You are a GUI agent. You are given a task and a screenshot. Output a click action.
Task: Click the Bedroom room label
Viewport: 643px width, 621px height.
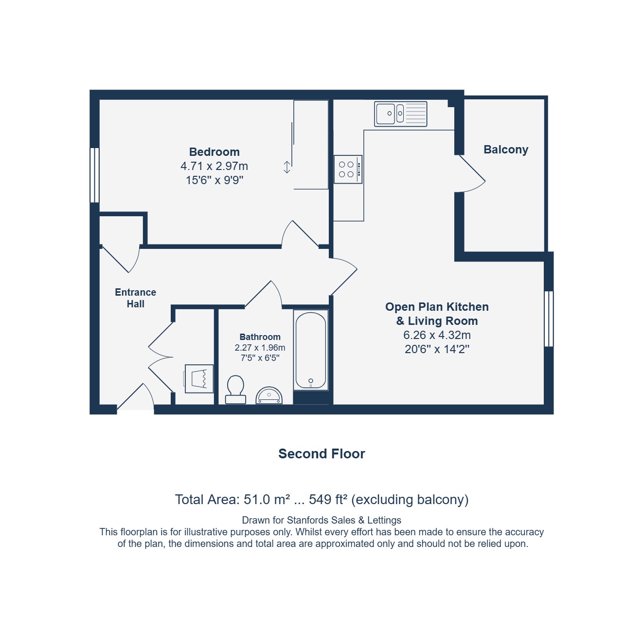[214, 152]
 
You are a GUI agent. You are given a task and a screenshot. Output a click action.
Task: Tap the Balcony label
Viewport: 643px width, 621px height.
[505, 150]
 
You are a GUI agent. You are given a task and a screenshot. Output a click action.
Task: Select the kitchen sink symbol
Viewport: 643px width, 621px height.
[400, 114]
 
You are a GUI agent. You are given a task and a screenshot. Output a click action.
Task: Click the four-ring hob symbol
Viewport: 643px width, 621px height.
[348, 169]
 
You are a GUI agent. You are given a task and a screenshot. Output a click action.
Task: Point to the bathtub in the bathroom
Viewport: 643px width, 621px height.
[311, 350]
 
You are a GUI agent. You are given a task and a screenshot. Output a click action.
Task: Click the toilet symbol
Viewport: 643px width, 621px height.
[235, 390]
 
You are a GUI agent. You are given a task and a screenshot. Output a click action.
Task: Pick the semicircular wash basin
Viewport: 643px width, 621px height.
[269, 395]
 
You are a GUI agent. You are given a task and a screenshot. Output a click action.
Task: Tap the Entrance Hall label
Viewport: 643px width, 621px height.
[136, 298]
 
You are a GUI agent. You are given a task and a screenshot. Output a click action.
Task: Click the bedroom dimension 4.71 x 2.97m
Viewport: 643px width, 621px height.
[214, 166]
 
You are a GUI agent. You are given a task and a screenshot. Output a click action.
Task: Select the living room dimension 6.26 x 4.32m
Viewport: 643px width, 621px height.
[437, 335]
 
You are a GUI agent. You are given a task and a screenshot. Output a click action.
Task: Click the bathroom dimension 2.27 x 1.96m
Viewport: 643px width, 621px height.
[260, 348]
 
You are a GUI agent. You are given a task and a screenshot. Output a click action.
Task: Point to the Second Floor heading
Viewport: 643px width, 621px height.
[321, 453]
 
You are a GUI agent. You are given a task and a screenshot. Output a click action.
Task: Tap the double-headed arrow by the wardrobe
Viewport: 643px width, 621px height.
[287, 167]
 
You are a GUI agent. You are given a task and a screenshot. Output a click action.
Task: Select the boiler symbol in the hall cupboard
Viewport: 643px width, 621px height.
[199, 379]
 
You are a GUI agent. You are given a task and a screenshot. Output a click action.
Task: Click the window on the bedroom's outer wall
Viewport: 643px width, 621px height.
[94, 175]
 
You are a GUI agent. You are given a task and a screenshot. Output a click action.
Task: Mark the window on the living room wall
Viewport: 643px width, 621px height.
[549, 319]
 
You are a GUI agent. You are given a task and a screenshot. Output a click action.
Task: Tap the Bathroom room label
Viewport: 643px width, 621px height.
[260, 337]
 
